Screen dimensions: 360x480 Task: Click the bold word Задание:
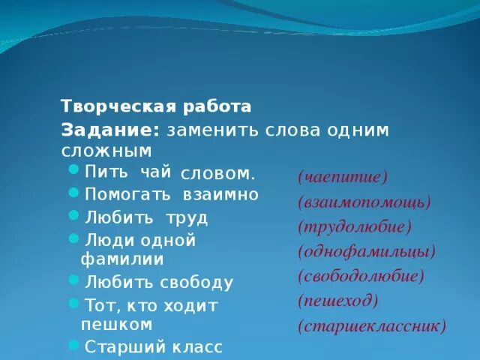pos(110,129)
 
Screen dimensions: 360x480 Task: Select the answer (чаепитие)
pos(342,177)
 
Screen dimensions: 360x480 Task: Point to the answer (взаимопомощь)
pos(364,202)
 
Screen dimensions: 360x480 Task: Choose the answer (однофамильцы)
pos(366,251)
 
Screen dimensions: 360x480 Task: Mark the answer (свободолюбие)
pos(361,276)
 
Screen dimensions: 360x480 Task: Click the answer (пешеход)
pos(337,301)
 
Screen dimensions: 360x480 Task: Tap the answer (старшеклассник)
pos(371,326)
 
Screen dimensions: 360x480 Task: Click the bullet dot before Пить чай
pos(73,169)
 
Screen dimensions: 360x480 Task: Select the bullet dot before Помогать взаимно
pos(73,193)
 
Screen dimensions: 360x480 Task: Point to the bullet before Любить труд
pos(73,216)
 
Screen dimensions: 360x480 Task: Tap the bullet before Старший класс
pos(73,345)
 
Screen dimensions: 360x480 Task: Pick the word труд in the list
pos(187,218)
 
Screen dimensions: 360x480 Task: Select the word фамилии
pos(122,259)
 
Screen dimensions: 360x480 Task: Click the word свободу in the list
pos(196,283)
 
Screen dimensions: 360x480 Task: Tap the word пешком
pos(116,324)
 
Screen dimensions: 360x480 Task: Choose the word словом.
pos(217,173)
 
